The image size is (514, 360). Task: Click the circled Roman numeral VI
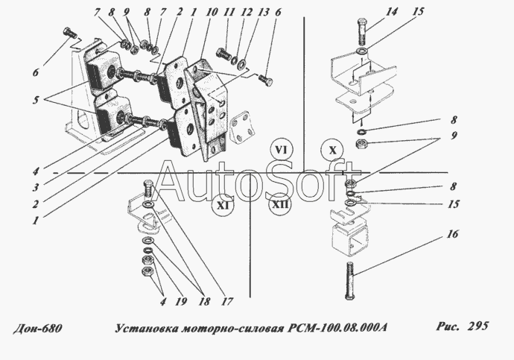282,151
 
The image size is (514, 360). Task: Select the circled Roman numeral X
333,151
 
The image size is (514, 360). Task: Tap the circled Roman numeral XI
223,205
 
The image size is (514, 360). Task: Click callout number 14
391,12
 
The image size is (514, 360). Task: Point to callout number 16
452,234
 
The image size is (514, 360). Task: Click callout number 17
227,301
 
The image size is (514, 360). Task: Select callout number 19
180,301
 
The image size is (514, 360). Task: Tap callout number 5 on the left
36,100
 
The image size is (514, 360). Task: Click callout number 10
212,12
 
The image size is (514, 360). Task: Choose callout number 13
263,12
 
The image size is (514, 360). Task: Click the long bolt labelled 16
349,281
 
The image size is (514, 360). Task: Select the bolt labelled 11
224,52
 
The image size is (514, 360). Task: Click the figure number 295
478,326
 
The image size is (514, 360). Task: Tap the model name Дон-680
37,328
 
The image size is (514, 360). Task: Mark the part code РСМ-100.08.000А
337,327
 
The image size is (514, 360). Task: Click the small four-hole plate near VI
243,127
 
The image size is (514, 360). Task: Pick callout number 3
36,187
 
